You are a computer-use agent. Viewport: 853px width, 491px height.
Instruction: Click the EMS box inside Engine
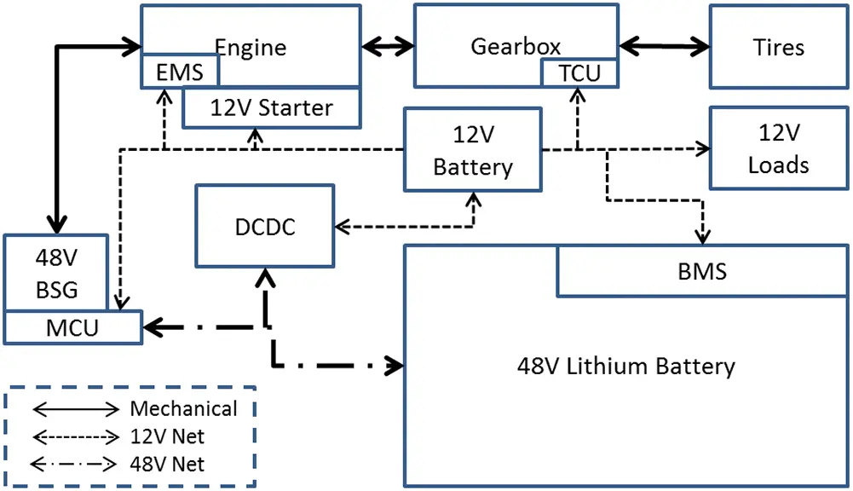180,72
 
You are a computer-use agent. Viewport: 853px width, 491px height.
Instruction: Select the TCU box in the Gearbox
579,73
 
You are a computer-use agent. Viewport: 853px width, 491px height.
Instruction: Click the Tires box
778,46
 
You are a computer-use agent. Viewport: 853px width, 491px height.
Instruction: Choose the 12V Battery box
473,150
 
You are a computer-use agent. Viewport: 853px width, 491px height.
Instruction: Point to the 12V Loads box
778,148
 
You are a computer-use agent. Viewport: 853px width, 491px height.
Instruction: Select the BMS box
702,272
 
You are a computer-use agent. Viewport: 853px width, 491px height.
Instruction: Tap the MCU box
72,327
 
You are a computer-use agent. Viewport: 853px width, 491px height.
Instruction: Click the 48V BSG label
58,273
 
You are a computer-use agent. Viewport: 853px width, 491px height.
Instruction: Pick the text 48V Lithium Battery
625,367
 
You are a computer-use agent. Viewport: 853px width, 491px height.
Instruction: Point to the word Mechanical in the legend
183,408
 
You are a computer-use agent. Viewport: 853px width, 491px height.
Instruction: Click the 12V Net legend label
168,436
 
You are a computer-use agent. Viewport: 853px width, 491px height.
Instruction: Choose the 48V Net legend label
168,465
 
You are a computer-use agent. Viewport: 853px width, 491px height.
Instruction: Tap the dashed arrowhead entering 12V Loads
703,148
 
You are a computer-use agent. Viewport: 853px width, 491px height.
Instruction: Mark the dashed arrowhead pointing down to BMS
703,237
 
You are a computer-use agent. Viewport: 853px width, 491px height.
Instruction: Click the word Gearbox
516,46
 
